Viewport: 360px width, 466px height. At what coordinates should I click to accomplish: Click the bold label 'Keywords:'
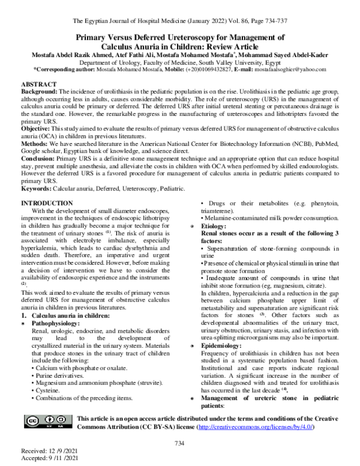coord(37,189)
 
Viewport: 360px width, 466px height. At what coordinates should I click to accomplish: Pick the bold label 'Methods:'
coord(37,142)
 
